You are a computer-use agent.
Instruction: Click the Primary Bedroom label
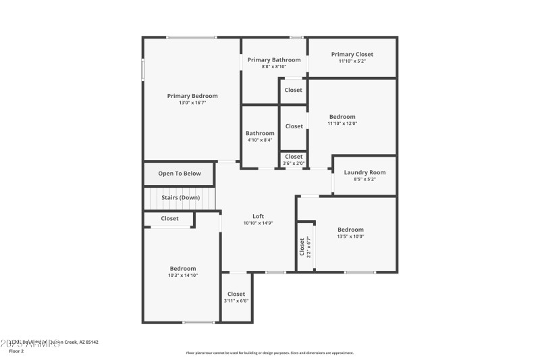pos(192,96)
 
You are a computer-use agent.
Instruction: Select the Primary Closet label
pos(352,54)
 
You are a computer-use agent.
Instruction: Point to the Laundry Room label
pos(364,172)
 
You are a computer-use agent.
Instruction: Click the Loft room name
pos(258,216)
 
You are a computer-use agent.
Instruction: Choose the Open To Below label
pos(180,174)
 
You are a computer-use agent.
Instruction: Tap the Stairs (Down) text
pos(180,197)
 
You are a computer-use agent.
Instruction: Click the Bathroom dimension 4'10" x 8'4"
pos(260,140)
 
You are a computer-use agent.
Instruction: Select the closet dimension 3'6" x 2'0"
pos(294,163)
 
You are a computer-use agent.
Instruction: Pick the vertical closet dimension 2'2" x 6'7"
pos(308,247)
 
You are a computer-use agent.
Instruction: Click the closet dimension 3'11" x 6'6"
pos(236,301)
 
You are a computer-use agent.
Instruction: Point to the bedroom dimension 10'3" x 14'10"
pos(183,275)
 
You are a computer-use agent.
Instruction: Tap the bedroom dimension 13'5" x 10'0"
pos(350,236)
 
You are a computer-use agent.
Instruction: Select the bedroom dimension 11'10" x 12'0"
pos(342,124)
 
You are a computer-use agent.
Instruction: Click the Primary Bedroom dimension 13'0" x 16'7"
pos(192,103)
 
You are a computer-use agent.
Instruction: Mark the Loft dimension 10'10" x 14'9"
pos(258,223)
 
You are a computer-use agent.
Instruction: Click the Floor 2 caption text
pos(16,351)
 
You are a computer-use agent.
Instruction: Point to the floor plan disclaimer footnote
pos(269,353)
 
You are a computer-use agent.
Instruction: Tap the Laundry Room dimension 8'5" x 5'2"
pos(364,179)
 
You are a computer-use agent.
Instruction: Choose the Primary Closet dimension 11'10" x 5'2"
pos(352,61)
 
